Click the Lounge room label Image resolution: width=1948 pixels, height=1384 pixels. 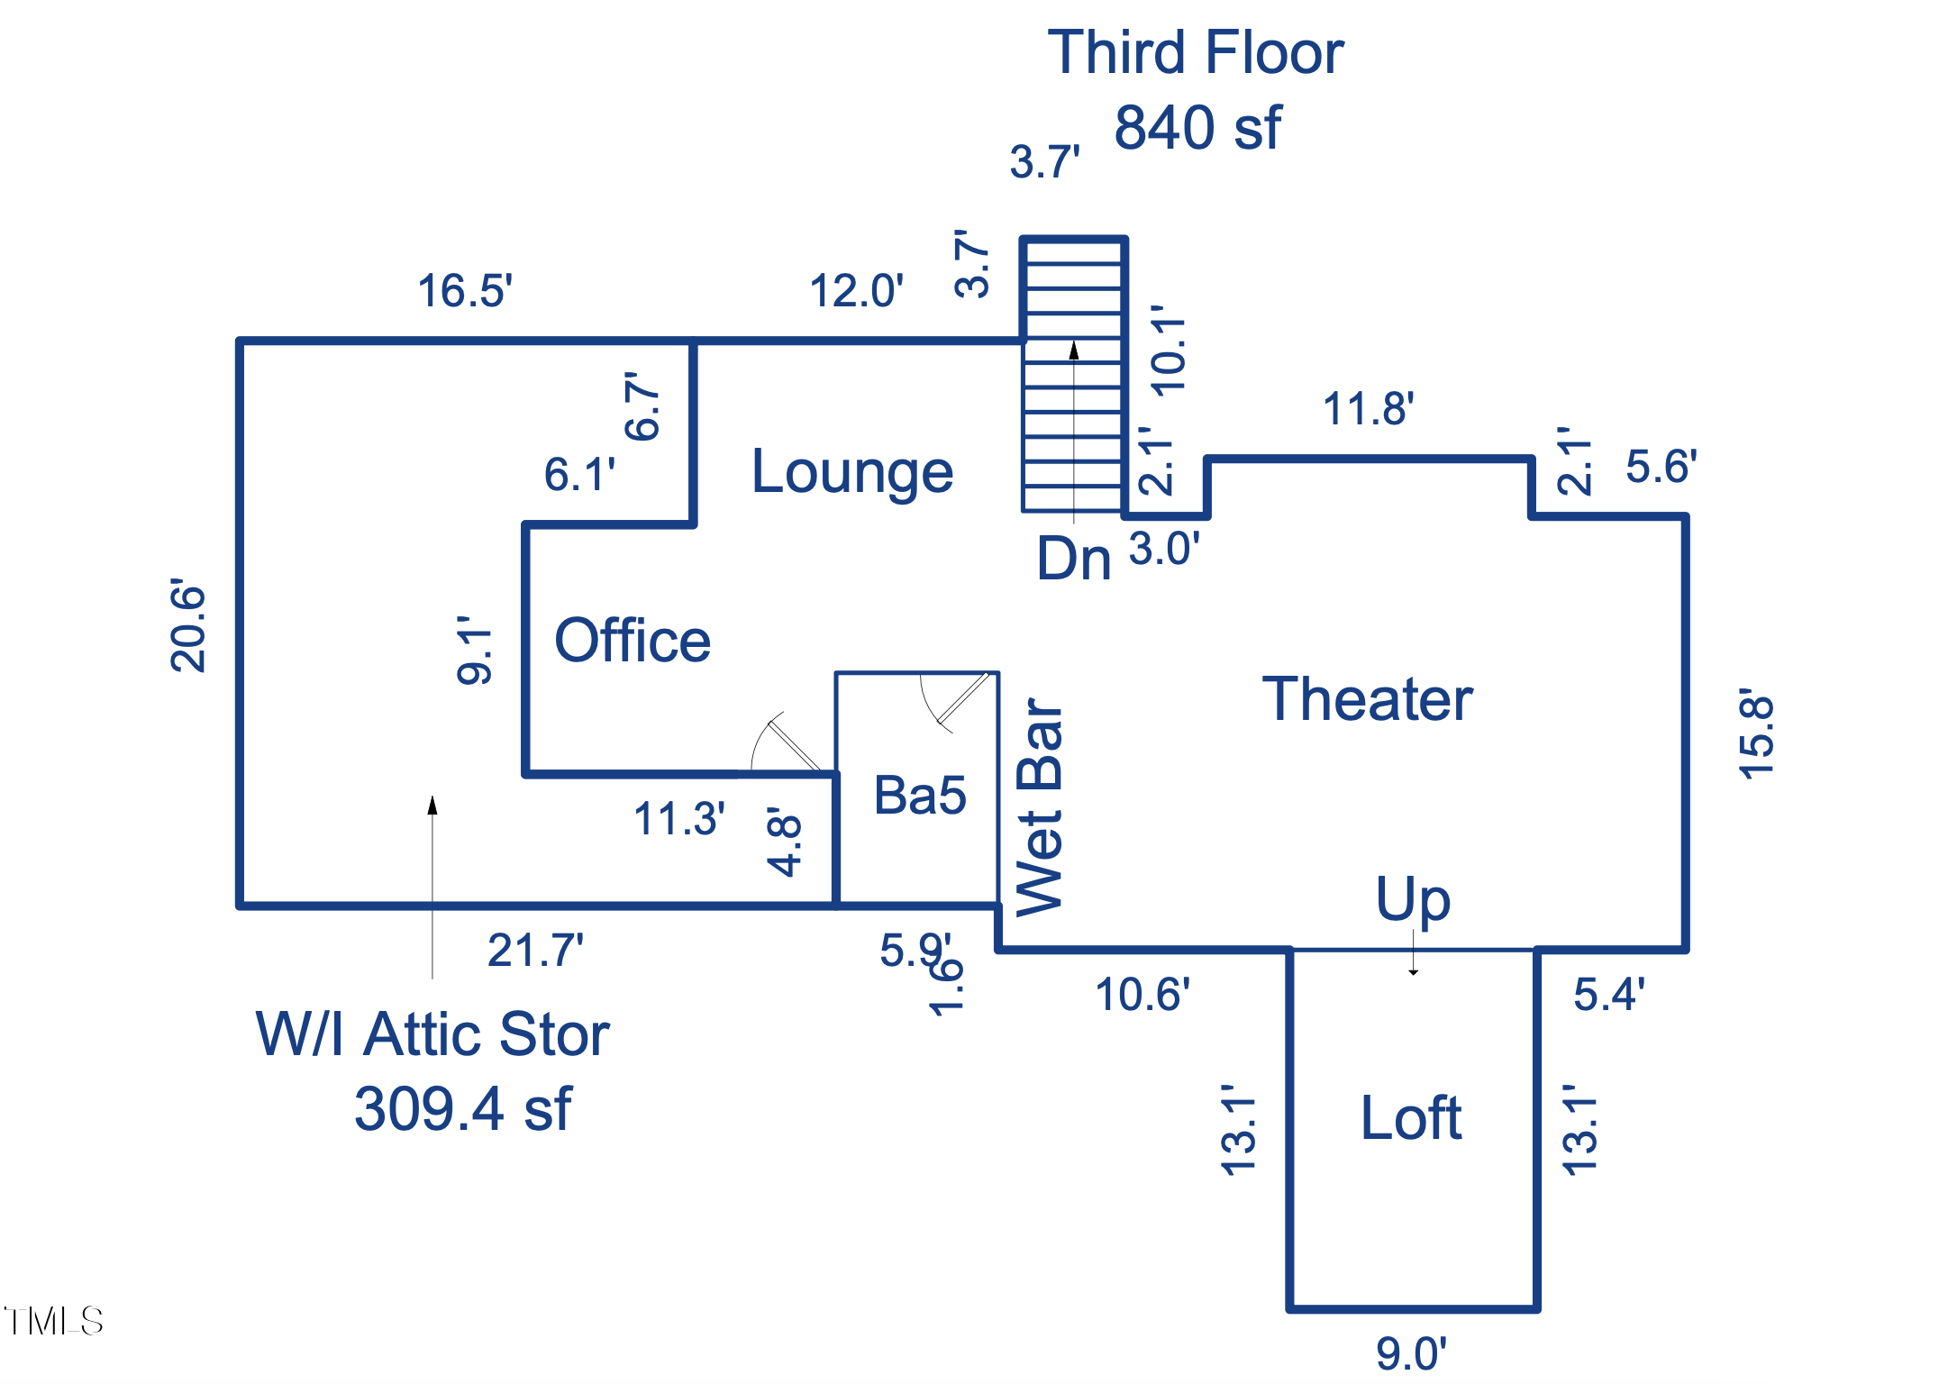(852, 471)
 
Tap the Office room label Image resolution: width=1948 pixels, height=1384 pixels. (633, 641)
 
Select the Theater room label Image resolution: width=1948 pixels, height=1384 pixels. (1367, 699)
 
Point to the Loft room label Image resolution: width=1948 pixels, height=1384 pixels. (1411, 1118)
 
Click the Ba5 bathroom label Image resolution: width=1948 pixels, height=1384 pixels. (920, 796)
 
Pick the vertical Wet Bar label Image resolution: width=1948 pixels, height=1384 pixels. (1041, 806)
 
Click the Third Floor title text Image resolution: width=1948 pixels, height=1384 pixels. (1196, 52)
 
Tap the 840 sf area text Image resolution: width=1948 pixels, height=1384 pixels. (1197, 127)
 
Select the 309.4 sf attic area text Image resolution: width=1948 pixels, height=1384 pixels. (463, 1108)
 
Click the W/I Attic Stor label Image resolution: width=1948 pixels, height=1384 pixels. (432, 1033)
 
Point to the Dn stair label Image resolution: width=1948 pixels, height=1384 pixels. (1074, 559)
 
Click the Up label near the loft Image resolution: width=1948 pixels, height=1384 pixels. (1413, 899)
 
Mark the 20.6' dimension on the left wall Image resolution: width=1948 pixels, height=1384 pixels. (187, 625)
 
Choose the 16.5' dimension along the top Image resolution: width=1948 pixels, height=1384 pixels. (465, 291)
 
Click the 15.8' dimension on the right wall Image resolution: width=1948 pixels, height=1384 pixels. (1756, 733)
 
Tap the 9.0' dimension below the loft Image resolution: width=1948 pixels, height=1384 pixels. (1411, 1353)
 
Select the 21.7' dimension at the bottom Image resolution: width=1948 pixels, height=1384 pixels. (535, 950)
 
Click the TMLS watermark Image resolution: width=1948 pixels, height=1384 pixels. (54, 1321)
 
